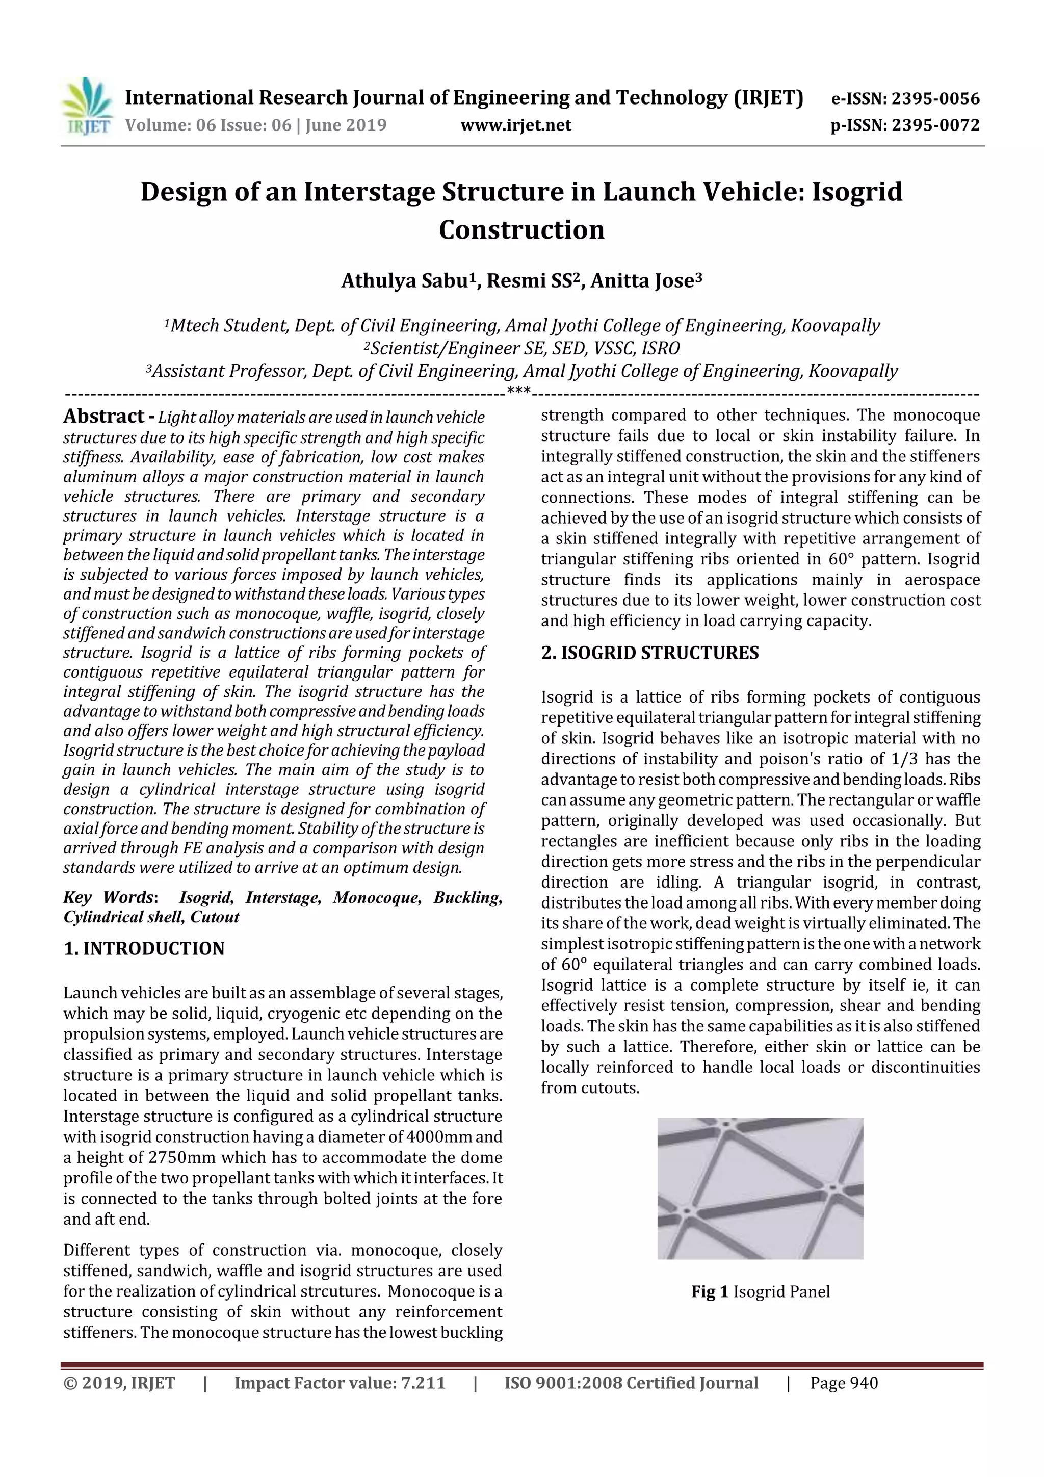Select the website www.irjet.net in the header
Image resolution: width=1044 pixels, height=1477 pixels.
516,125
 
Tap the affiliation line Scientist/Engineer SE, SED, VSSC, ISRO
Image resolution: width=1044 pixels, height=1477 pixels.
521,349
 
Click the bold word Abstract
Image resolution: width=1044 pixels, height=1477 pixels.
103,417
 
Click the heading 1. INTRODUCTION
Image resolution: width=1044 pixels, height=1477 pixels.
144,949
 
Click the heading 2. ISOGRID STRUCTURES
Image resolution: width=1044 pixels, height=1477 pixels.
649,653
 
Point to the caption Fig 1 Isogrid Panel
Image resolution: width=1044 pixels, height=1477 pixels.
761,1292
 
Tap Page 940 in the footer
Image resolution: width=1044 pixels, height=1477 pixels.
844,1383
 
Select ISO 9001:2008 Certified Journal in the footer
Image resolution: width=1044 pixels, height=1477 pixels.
631,1383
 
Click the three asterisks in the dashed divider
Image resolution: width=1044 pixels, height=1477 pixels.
518,391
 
